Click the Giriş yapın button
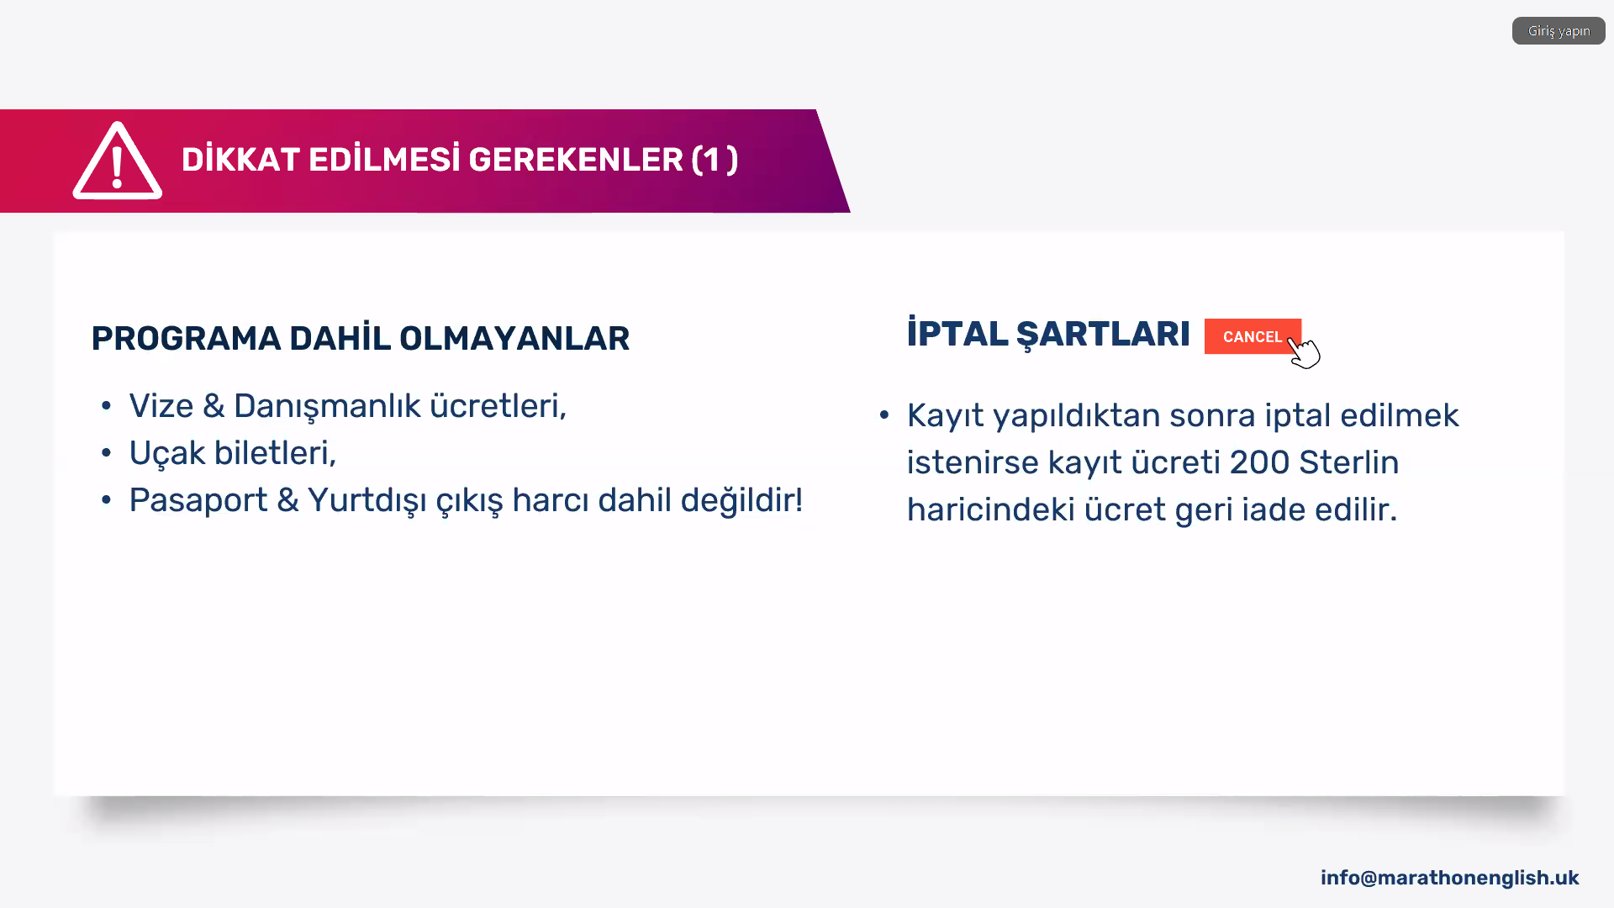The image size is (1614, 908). (x=1559, y=31)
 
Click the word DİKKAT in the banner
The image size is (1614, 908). (x=240, y=160)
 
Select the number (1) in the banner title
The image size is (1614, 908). (x=715, y=160)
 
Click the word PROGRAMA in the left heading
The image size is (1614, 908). (x=186, y=339)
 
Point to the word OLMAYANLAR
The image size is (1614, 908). (x=514, y=339)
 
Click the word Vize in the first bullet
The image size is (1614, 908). (x=161, y=406)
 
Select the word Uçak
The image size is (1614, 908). (x=167, y=454)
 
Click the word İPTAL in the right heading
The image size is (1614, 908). (x=957, y=333)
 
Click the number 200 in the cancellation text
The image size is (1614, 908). (x=1259, y=462)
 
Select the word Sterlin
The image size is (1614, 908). (x=1349, y=462)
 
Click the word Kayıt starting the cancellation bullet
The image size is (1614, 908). (x=946, y=417)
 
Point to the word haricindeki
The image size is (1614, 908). (x=991, y=509)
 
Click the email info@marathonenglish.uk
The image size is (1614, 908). (x=1449, y=879)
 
